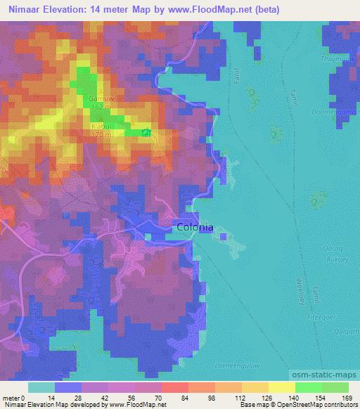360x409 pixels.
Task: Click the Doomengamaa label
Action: [x=336, y=111]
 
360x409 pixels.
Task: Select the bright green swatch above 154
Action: [x=308, y=387]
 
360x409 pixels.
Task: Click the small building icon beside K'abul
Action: [x=146, y=132]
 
